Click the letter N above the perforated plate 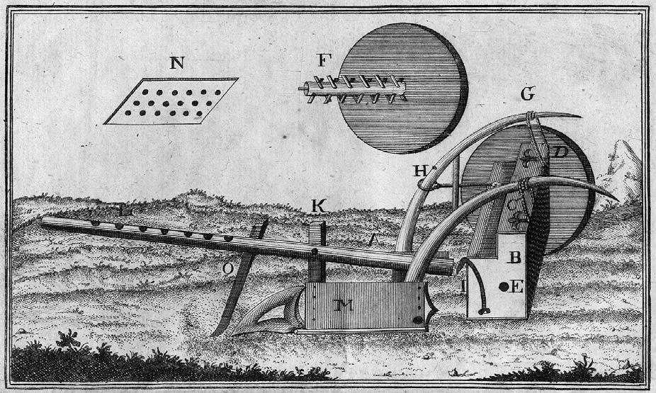(177, 63)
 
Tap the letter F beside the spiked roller (322, 61)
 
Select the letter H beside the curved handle (418, 171)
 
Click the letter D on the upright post (560, 152)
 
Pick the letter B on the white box (515, 258)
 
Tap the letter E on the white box (516, 287)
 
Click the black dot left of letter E (502, 287)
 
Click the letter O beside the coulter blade (228, 268)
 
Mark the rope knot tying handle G (529, 117)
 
